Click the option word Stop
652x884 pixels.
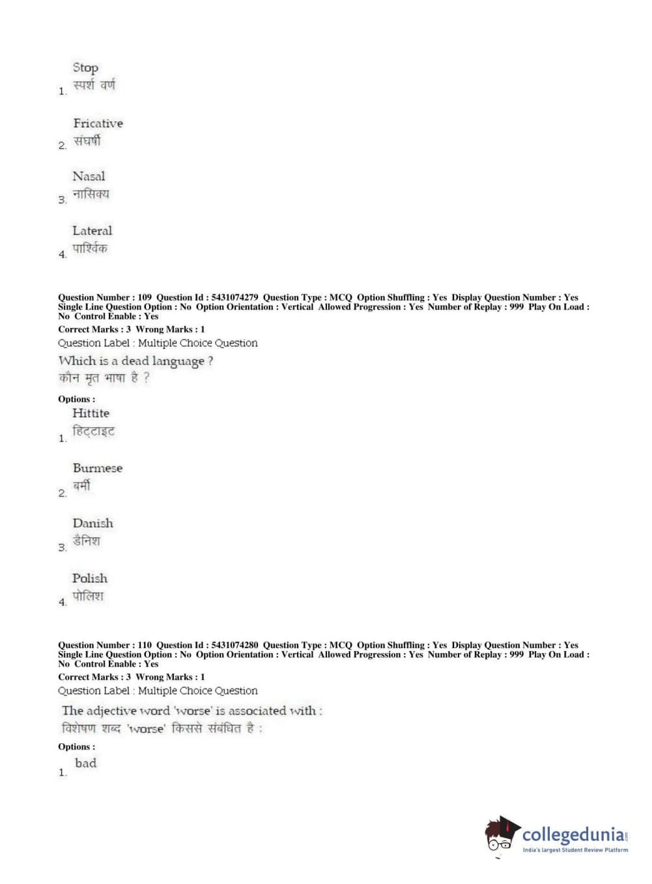coord(85,68)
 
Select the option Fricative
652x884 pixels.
coord(98,123)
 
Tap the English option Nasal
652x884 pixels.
coord(89,176)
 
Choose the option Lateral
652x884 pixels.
coord(92,231)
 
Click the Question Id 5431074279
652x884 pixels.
coord(234,297)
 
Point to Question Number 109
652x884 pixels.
coord(144,297)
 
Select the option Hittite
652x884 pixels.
coord(91,413)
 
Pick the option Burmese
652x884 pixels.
coord(97,468)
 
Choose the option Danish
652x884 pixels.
coord(92,523)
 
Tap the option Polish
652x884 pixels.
coord(90,578)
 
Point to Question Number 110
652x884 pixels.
coord(144,645)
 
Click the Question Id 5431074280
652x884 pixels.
coord(234,645)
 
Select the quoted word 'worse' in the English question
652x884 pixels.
coord(193,711)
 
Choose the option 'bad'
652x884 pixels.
coord(85,763)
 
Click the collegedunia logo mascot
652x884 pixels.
coord(501,835)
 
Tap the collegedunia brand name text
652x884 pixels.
coord(573,834)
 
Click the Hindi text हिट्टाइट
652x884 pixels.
coord(93,432)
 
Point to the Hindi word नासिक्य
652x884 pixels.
coord(91,194)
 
